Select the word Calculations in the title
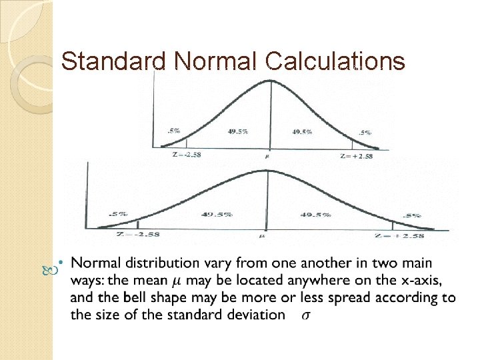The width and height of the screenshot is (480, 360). pyautogui.click(x=335, y=61)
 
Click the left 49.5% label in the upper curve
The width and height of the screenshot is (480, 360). pyautogui.click(x=236, y=131)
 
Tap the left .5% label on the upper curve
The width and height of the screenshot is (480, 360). pyautogui.click(x=173, y=131)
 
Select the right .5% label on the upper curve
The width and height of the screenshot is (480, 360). pyautogui.click(x=366, y=133)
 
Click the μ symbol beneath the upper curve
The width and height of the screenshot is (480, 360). pyautogui.click(x=269, y=157)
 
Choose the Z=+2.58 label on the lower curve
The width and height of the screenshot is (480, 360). pyautogui.click(x=400, y=235)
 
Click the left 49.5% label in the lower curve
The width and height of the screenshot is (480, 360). pyautogui.click(x=217, y=215)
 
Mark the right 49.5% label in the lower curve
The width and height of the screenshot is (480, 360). pyautogui.click(x=316, y=215)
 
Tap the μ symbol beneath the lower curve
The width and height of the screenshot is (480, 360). pyautogui.click(x=263, y=235)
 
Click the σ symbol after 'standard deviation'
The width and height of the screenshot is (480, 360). pyautogui.click(x=305, y=315)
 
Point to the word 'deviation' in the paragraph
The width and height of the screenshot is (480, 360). pyautogui.click(x=257, y=315)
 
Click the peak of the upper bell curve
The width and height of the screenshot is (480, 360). pyautogui.click(x=270, y=81)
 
